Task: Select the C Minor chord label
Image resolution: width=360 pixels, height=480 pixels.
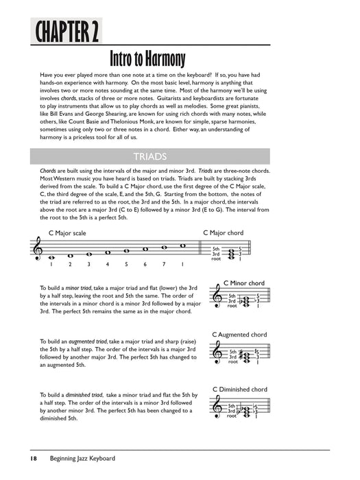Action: coord(244,283)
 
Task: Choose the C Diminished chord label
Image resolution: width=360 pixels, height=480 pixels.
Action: coord(240,389)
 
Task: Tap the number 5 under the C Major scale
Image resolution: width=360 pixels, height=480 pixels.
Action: coord(125,265)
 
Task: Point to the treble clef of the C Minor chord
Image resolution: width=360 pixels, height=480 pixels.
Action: coord(219,299)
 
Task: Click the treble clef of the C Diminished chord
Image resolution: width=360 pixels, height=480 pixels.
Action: coord(219,406)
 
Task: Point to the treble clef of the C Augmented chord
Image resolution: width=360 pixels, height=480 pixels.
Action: coord(219,352)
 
